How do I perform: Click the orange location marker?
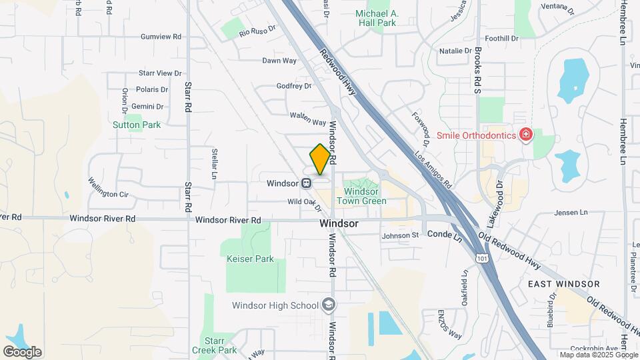(320, 159)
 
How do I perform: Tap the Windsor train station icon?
(306, 183)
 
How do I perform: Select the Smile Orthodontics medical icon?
(526, 135)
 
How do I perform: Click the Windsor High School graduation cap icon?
(328, 305)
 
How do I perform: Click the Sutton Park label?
(137, 125)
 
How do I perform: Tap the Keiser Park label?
(250, 259)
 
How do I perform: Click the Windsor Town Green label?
(361, 196)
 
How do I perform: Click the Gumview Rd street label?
(161, 37)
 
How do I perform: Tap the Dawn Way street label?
(279, 61)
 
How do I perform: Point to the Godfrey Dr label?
(294, 86)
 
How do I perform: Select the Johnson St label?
(400, 235)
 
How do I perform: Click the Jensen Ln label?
(571, 213)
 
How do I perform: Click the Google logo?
(22, 352)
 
